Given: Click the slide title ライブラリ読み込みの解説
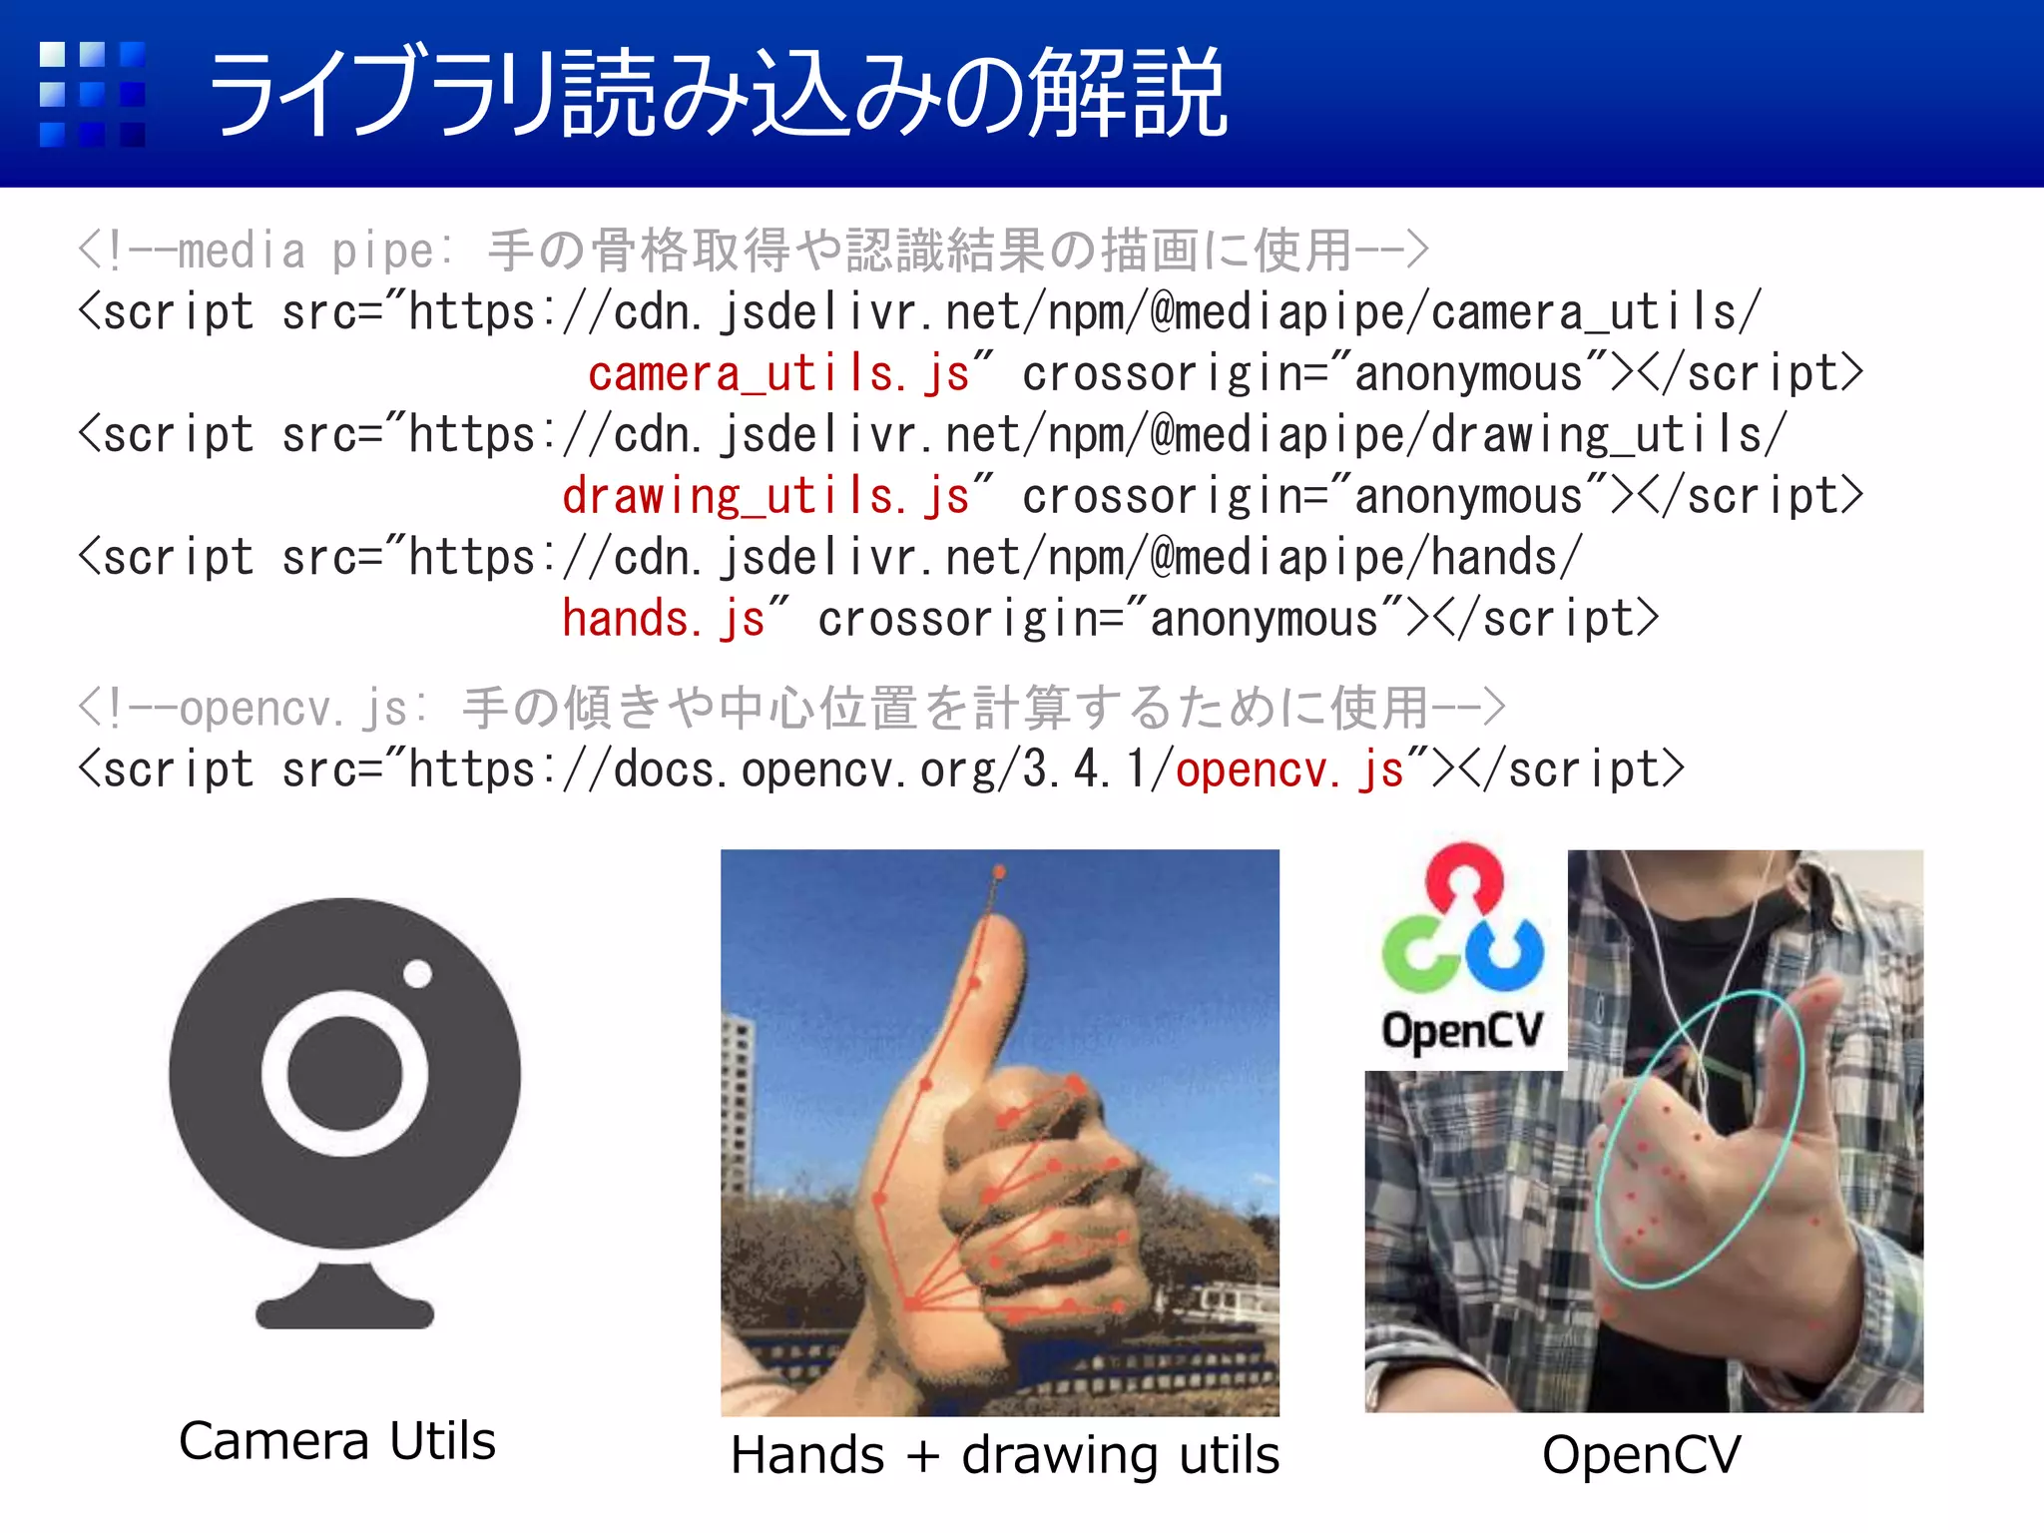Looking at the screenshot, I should [x=717, y=93].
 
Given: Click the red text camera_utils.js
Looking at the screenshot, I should [x=778, y=374].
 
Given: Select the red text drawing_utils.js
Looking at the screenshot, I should [x=766, y=496].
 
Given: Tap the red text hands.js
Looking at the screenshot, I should [x=663, y=619].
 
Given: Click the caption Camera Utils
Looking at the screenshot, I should [x=337, y=1440].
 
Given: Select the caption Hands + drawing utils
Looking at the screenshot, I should [x=1004, y=1454].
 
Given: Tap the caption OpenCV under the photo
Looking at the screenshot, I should [x=1642, y=1454].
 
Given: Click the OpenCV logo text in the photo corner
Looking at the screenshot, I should [x=1462, y=1030].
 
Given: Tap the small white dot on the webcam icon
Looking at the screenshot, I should [x=417, y=973].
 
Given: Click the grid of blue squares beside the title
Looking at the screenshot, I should [x=92, y=94].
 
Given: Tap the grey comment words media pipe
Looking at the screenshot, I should [x=305, y=251].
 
